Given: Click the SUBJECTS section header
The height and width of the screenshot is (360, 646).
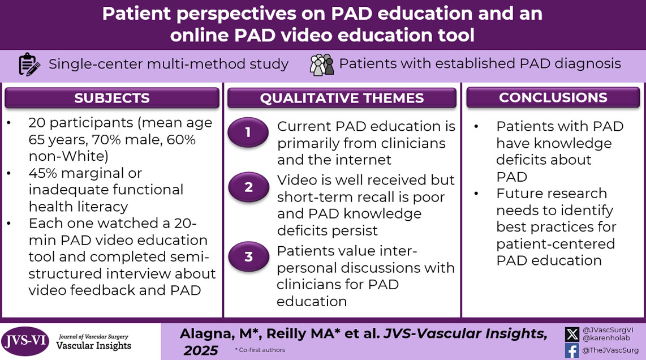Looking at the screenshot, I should [111, 98].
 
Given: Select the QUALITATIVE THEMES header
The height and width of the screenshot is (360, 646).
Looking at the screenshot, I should [342, 98].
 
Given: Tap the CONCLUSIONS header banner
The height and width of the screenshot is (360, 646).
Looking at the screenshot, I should [553, 97].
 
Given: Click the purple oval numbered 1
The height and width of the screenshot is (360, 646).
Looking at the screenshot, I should [248, 133].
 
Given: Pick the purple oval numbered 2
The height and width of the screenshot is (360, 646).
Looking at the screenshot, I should [248, 187].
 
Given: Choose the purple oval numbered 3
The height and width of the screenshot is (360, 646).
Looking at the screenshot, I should [248, 257].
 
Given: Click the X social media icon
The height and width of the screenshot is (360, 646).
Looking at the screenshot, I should [571, 333].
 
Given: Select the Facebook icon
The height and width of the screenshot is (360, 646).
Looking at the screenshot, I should [571, 350].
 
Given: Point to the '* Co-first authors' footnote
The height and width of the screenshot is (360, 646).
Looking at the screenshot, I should [260, 350].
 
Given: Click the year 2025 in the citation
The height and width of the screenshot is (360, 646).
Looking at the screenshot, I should [200, 351].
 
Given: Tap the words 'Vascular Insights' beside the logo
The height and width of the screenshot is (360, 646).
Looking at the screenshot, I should [93, 345].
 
